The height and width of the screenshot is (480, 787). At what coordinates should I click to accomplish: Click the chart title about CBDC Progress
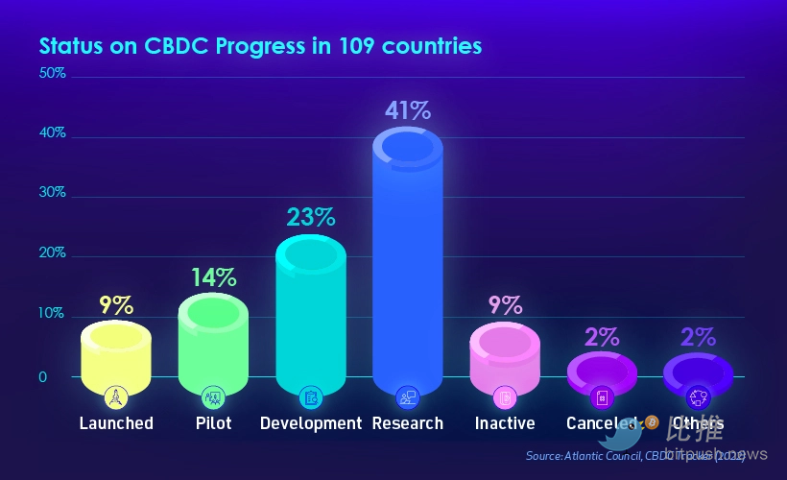(260, 45)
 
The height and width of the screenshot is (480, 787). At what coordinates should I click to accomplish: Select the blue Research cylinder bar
(407, 269)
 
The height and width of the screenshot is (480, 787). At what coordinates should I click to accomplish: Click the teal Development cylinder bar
(310, 317)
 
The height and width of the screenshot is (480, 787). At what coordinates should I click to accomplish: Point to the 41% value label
(408, 109)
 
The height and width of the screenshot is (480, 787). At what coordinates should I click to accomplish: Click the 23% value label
(310, 217)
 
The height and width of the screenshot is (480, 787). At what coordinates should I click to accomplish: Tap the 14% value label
(213, 277)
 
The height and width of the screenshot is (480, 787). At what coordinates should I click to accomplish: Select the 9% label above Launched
(116, 305)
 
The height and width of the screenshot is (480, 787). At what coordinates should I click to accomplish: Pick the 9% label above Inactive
(505, 305)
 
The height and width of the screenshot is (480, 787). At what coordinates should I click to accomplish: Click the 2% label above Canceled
(602, 336)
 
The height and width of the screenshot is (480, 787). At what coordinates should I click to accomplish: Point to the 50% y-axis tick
(52, 73)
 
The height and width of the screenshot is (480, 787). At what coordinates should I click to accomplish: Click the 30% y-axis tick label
(52, 192)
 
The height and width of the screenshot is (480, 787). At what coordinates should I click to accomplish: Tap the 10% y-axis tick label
(52, 314)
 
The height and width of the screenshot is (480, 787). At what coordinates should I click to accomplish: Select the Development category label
(310, 423)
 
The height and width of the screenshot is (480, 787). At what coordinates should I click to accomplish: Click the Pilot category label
(213, 423)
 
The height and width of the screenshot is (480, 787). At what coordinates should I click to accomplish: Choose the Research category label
(408, 423)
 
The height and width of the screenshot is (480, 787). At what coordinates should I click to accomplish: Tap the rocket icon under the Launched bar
(116, 396)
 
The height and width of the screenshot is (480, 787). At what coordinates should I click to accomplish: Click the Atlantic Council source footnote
(634, 454)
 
